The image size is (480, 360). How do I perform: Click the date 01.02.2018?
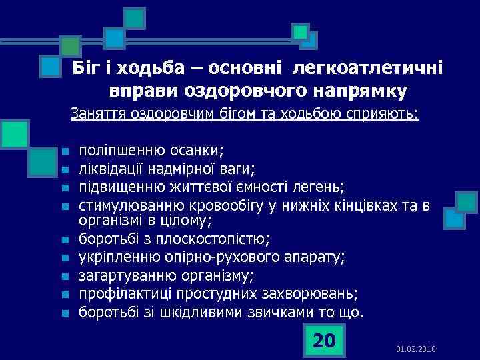pyautogui.click(x=415, y=349)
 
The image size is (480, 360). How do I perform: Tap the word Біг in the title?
pyautogui.click(x=85, y=68)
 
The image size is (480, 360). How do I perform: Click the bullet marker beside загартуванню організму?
pyautogui.click(x=64, y=276)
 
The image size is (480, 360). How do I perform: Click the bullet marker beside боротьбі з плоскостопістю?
pyautogui.click(x=64, y=239)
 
